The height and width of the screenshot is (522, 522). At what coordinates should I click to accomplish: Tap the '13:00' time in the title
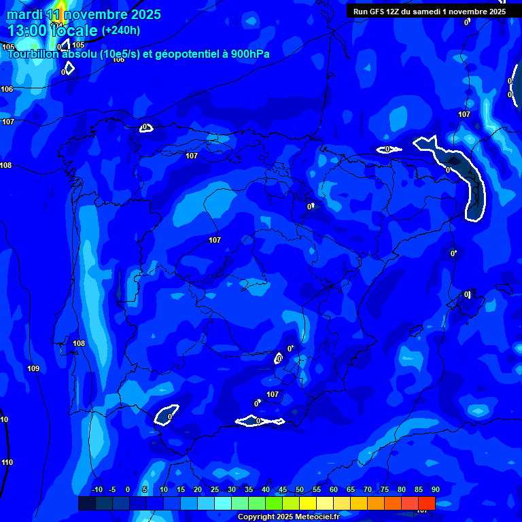coord(25,31)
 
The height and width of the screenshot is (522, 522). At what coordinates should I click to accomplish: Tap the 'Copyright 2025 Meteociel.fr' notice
coord(288,517)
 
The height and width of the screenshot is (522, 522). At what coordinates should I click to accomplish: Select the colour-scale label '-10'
coord(97,490)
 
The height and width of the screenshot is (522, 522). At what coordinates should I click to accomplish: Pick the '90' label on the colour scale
coord(435,490)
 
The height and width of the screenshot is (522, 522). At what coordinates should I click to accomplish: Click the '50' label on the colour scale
coord(300,490)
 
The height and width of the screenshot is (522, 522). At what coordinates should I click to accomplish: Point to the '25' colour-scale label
coord(215,490)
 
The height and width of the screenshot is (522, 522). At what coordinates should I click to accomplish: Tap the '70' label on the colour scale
coord(368,490)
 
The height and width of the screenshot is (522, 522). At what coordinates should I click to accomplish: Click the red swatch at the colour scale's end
coord(426,503)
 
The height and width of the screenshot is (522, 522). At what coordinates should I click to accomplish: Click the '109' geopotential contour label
coord(33,369)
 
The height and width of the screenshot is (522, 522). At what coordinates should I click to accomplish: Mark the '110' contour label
coord(7,463)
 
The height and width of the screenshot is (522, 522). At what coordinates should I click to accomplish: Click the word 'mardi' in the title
coord(24,14)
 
